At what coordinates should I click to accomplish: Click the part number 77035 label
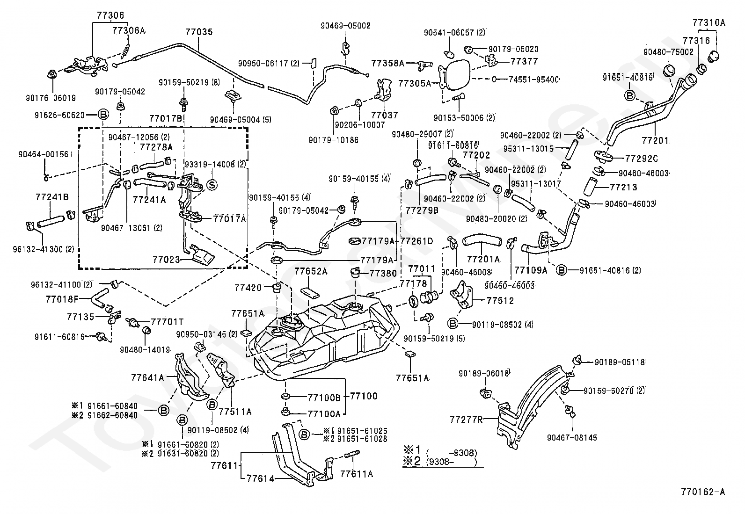198,32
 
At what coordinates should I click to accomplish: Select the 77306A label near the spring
129,31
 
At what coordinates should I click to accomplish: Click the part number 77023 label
166,259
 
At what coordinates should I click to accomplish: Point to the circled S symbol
212,185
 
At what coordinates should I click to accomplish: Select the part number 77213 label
623,187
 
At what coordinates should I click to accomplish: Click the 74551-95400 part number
534,80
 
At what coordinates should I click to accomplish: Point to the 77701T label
167,322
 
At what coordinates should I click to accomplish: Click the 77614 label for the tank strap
261,478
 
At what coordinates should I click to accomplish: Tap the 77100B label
324,398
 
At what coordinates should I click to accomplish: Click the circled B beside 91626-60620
103,115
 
